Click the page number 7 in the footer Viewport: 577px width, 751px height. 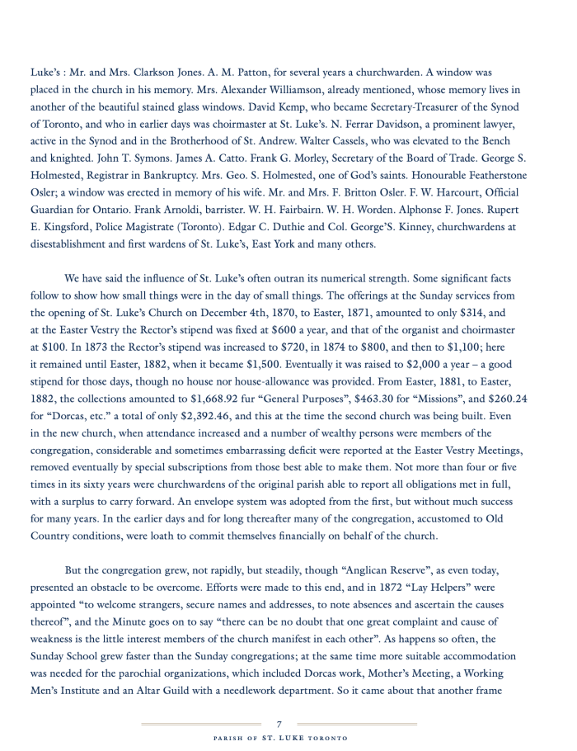click(279, 725)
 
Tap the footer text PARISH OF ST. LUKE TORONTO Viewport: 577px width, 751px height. click(279, 738)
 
